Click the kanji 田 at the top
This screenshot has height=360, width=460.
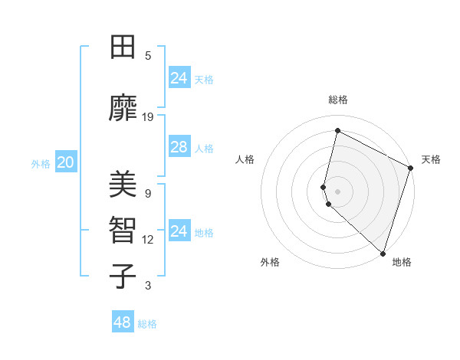pos(123,47)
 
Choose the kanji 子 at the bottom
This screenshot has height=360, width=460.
pos(123,276)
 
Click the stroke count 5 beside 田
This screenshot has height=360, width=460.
pos(148,56)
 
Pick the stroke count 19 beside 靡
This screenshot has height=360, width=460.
pos(148,117)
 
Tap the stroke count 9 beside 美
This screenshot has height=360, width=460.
pos(148,194)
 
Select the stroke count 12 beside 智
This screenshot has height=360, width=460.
pos(148,240)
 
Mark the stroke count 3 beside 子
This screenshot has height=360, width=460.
pos(148,286)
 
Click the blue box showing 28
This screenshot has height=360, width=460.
pos(179,147)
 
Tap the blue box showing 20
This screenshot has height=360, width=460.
pos(65,162)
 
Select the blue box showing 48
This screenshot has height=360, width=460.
pos(123,322)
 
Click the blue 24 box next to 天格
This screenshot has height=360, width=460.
pos(179,77)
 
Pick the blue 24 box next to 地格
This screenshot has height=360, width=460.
pos(179,231)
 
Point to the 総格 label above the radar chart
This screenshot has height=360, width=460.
pos(338,100)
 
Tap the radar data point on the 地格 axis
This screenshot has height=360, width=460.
pos(383,253)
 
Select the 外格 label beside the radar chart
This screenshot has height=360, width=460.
pos(270,262)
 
